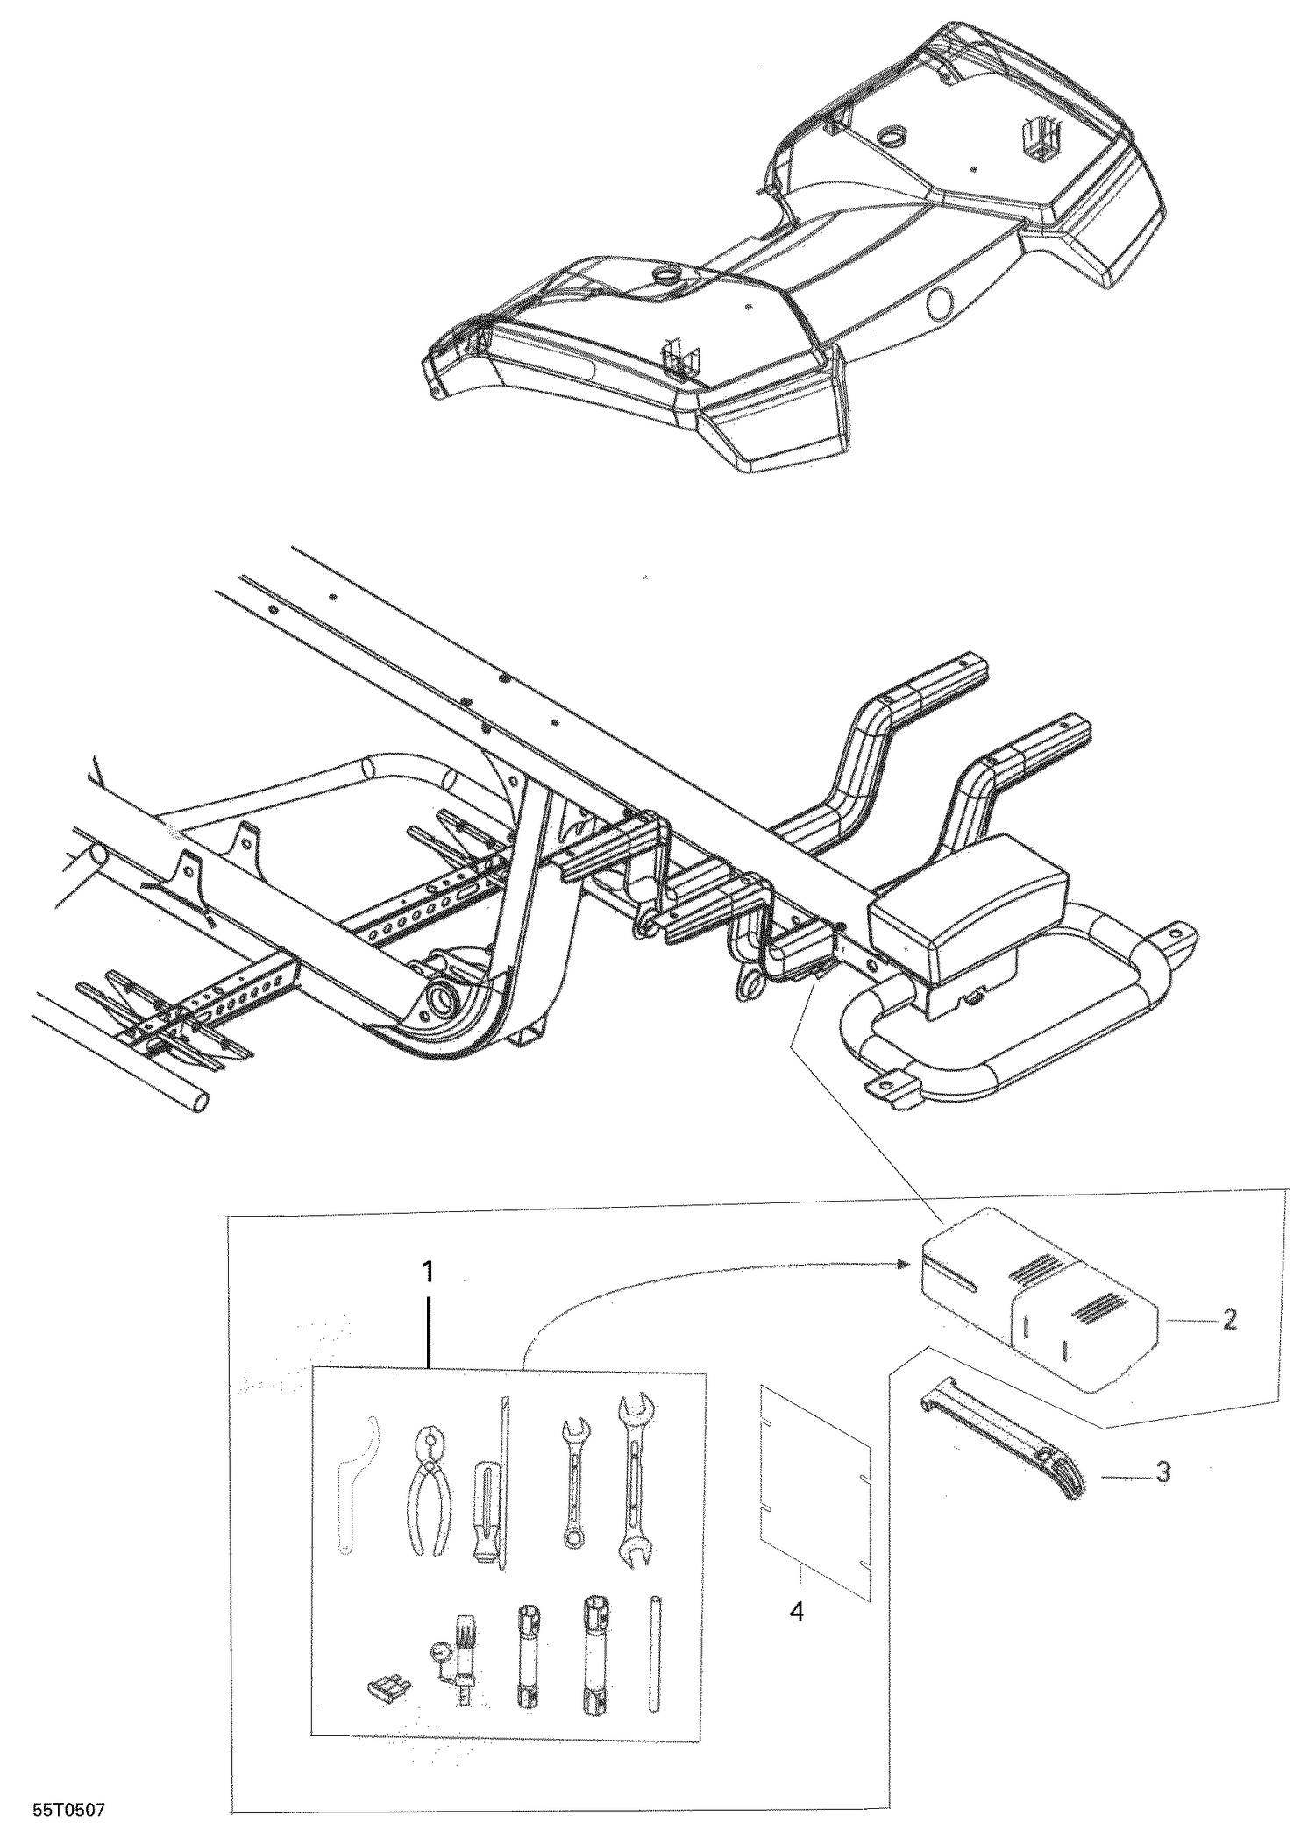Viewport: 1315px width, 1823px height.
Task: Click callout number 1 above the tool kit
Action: coord(427,1270)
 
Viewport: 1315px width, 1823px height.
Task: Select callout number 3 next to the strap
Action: coord(1162,1472)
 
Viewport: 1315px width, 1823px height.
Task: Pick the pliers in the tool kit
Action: coord(430,1490)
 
